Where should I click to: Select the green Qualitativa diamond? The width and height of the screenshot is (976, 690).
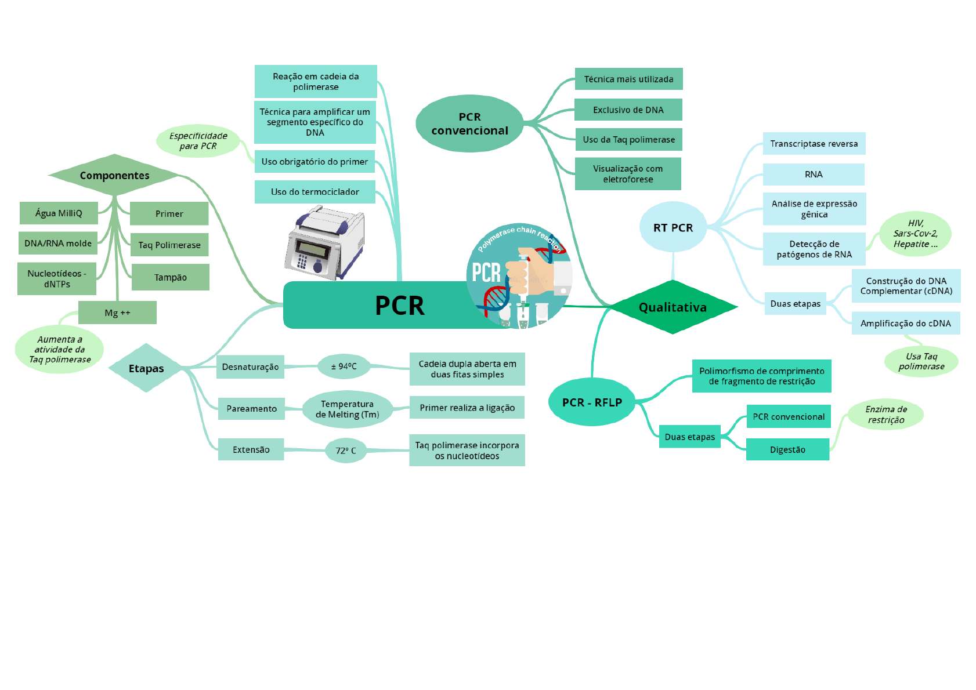(x=673, y=307)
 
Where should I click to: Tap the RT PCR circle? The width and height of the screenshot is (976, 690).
(x=673, y=227)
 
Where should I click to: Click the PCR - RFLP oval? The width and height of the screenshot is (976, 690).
(x=592, y=402)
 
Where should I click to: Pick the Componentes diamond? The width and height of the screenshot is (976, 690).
(x=114, y=175)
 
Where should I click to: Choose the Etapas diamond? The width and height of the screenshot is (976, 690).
(x=146, y=368)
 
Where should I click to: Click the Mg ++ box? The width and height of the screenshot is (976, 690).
(x=117, y=313)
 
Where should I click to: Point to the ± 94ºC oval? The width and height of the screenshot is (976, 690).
(x=344, y=366)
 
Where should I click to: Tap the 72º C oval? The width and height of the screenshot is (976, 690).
(x=346, y=451)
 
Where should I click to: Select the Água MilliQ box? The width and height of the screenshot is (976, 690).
(x=59, y=213)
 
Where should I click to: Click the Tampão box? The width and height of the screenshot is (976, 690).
(x=170, y=277)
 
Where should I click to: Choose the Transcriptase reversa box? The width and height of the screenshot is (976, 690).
(x=814, y=144)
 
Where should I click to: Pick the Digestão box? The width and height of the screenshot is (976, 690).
(x=787, y=449)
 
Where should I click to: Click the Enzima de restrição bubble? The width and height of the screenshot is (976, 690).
(x=885, y=415)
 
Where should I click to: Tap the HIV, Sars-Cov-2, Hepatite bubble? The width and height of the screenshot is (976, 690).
(x=915, y=234)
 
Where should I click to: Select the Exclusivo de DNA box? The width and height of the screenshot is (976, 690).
(x=628, y=110)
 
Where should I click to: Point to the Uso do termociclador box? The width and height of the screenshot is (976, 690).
(x=315, y=192)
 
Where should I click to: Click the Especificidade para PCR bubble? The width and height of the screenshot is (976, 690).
(x=198, y=141)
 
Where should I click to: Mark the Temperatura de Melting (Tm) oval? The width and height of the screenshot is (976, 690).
(x=347, y=409)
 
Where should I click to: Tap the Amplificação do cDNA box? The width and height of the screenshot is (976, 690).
(x=905, y=324)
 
